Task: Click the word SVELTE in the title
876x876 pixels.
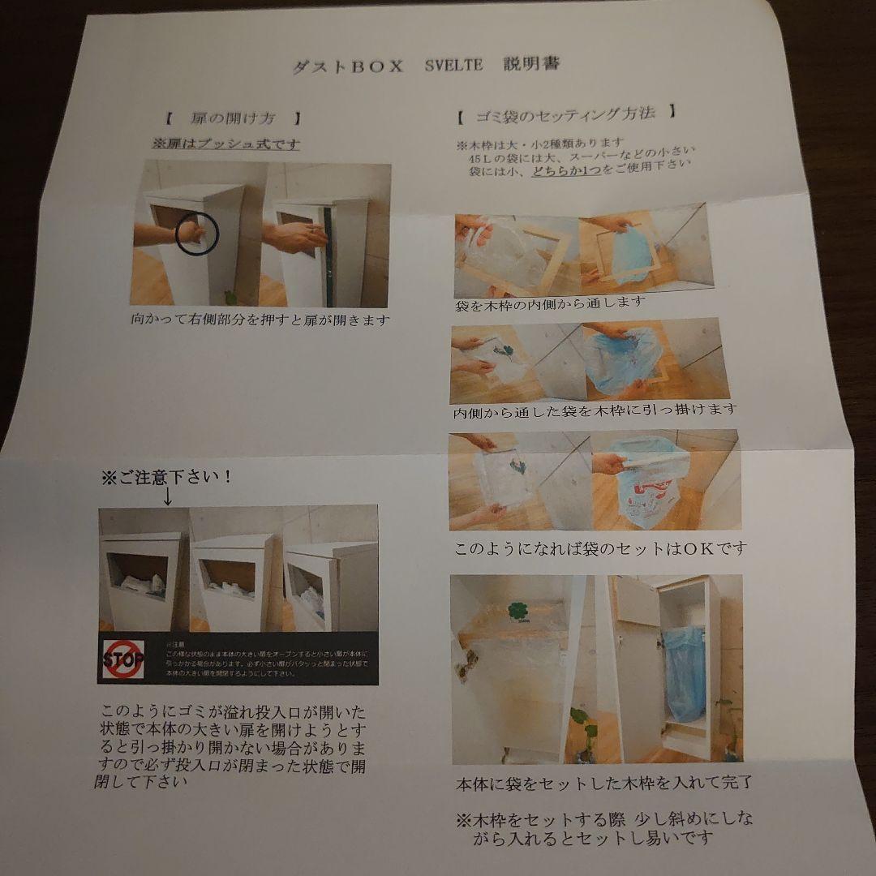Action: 453,66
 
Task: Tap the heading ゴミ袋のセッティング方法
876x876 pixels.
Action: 565,113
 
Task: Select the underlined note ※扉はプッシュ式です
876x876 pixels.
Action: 225,144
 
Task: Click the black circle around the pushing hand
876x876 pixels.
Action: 196,234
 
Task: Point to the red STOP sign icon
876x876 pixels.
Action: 122,658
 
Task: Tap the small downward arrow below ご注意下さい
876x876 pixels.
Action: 168,496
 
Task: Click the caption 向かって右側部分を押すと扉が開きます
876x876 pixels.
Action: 260,320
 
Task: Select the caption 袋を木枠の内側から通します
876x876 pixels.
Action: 551,303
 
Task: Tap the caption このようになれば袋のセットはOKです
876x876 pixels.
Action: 599,548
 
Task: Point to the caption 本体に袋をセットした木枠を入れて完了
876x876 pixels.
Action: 603,783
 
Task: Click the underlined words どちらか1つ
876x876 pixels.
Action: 566,172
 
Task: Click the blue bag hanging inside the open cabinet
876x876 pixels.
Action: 685,673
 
